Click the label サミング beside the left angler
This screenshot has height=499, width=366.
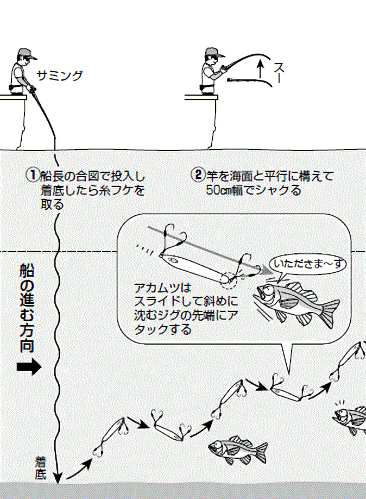(60, 76)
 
